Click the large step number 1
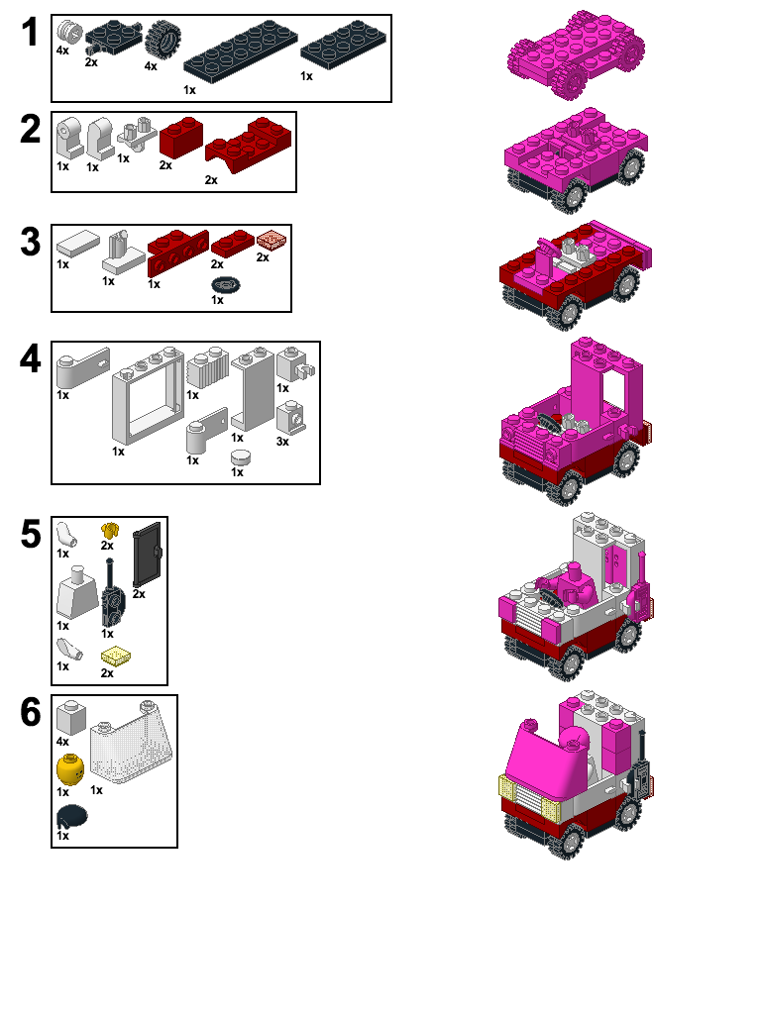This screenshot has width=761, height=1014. click(31, 33)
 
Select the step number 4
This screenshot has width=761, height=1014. click(31, 359)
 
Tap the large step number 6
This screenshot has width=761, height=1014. click(31, 713)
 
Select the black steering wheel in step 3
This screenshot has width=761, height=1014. click(227, 285)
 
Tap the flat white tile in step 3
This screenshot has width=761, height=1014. click(79, 242)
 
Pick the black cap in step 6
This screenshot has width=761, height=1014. click(72, 816)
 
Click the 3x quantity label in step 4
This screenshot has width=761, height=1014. click(282, 441)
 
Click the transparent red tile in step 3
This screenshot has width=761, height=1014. click(270, 240)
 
